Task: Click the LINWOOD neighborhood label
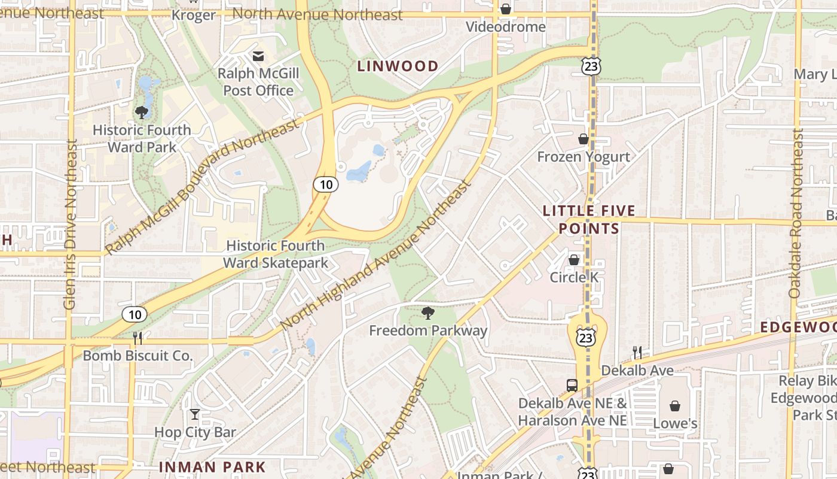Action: (398, 66)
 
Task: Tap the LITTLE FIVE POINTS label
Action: (589, 220)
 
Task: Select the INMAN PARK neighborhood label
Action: (212, 466)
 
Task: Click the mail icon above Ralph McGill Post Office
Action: (258, 56)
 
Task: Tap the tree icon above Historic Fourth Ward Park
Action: (142, 112)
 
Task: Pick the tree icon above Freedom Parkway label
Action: (427, 313)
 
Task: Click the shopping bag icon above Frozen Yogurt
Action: (584, 139)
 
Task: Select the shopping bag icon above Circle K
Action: (574, 260)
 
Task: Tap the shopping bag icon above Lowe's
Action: (675, 406)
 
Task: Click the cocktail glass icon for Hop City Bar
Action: (195, 414)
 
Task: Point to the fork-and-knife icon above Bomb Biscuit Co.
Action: (138, 338)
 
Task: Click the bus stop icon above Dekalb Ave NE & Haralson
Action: (572, 385)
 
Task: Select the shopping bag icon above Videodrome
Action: (506, 9)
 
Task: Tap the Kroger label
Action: (193, 15)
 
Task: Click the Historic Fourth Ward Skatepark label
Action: (276, 254)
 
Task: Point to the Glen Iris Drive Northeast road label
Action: (70, 225)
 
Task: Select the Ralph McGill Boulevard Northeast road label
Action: (201, 187)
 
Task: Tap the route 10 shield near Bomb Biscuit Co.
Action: (135, 314)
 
